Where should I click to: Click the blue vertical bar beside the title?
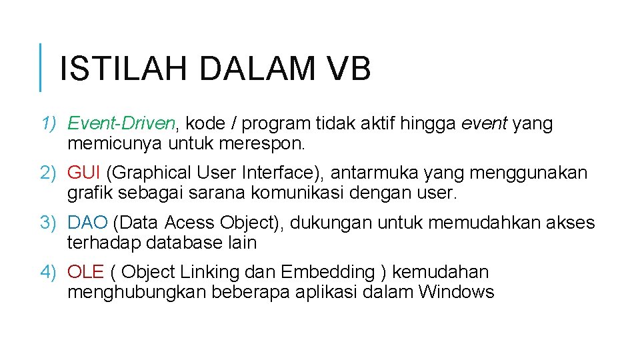(40, 67)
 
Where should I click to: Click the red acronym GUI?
(84, 173)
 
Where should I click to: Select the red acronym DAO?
(87, 223)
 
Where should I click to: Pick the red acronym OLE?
(86, 272)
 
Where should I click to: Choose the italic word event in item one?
(483, 123)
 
